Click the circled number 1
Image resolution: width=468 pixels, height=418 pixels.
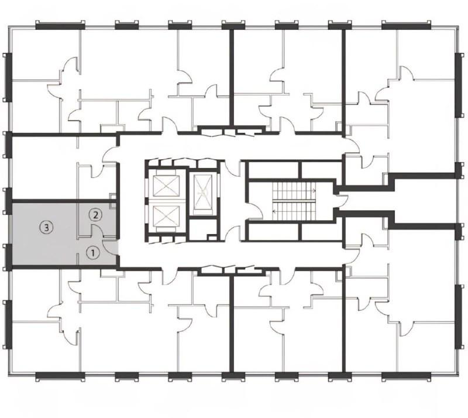(92, 253)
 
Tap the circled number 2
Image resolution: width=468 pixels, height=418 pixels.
(95, 215)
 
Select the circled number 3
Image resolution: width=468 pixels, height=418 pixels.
(46, 228)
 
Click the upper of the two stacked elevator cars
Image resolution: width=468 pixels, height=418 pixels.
(166, 186)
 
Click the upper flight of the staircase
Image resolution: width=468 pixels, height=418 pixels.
(294, 190)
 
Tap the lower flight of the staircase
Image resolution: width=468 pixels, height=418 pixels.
(294, 211)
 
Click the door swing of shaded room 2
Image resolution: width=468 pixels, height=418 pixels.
(97, 229)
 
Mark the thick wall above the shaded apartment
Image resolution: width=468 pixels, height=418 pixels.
(64, 201)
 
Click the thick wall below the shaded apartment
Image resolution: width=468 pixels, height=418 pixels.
(64, 267)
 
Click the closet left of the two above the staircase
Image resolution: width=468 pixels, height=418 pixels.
(273, 170)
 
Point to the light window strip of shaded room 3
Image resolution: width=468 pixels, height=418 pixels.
(10, 229)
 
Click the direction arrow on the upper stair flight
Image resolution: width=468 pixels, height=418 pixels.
(314, 190)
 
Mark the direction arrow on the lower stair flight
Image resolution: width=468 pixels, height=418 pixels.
(274, 211)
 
